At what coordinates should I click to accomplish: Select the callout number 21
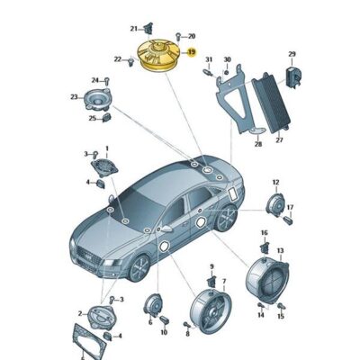[x=133, y=28]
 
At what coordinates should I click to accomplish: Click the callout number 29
[x=292, y=55]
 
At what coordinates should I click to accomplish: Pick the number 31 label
[x=207, y=60]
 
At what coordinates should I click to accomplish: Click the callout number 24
[x=94, y=80]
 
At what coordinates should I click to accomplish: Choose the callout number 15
[x=281, y=316]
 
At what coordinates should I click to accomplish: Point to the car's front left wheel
[x=140, y=266]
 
